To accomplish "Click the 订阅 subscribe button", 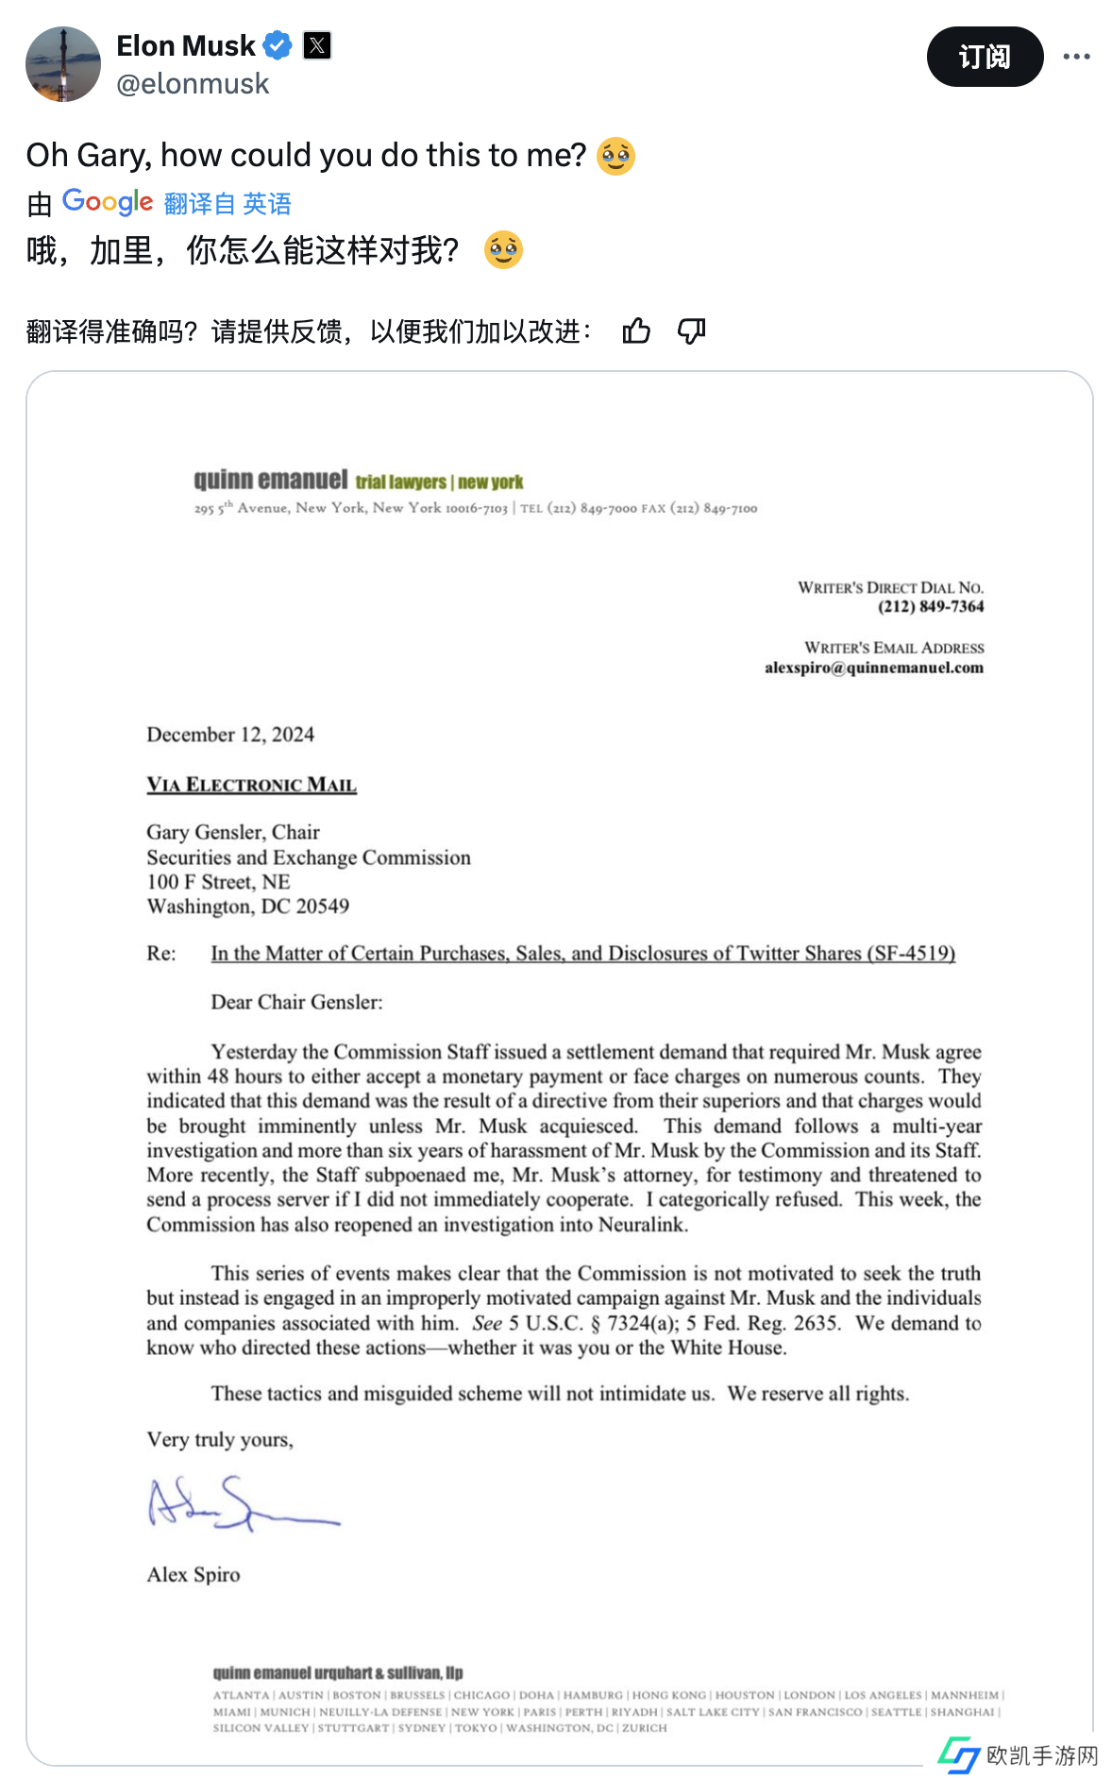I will pyautogui.click(x=985, y=57).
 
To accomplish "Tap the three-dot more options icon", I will pyautogui.click(x=1076, y=57).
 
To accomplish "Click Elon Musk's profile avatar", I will pyautogui.click(x=63, y=64).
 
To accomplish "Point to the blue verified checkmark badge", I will pyautogui.click(x=278, y=45).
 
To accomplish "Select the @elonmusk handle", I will pyautogui.click(x=193, y=84).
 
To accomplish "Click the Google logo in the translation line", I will pyautogui.click(x=108, y=202).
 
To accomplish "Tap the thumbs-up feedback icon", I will pyautogui.click(x=636, y=331).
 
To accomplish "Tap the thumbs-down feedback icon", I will pyautogui.click(x=692, y=331).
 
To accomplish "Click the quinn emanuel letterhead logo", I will pyautogui.click(x=270, y=480).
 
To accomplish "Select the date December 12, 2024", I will pyautogui.click(x=230, y=735).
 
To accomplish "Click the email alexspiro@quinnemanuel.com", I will pyautogui.click(x=873, y=668).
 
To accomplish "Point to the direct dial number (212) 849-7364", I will pyautogui.click(x=931, y=606).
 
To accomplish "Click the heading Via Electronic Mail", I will pyautogui.click(x=251, y=785).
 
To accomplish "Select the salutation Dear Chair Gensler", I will pyautogui.click(x=296, y=1002).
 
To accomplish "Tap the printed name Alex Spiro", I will pyautogui.click(x=194, y=1574).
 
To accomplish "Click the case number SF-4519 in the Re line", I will pyautogui.click(x=914, y=953).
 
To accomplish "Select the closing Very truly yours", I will pyautogui.click(x=220, y=1439).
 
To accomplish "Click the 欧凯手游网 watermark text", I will pyautogui.click(x=1042, y=1755).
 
